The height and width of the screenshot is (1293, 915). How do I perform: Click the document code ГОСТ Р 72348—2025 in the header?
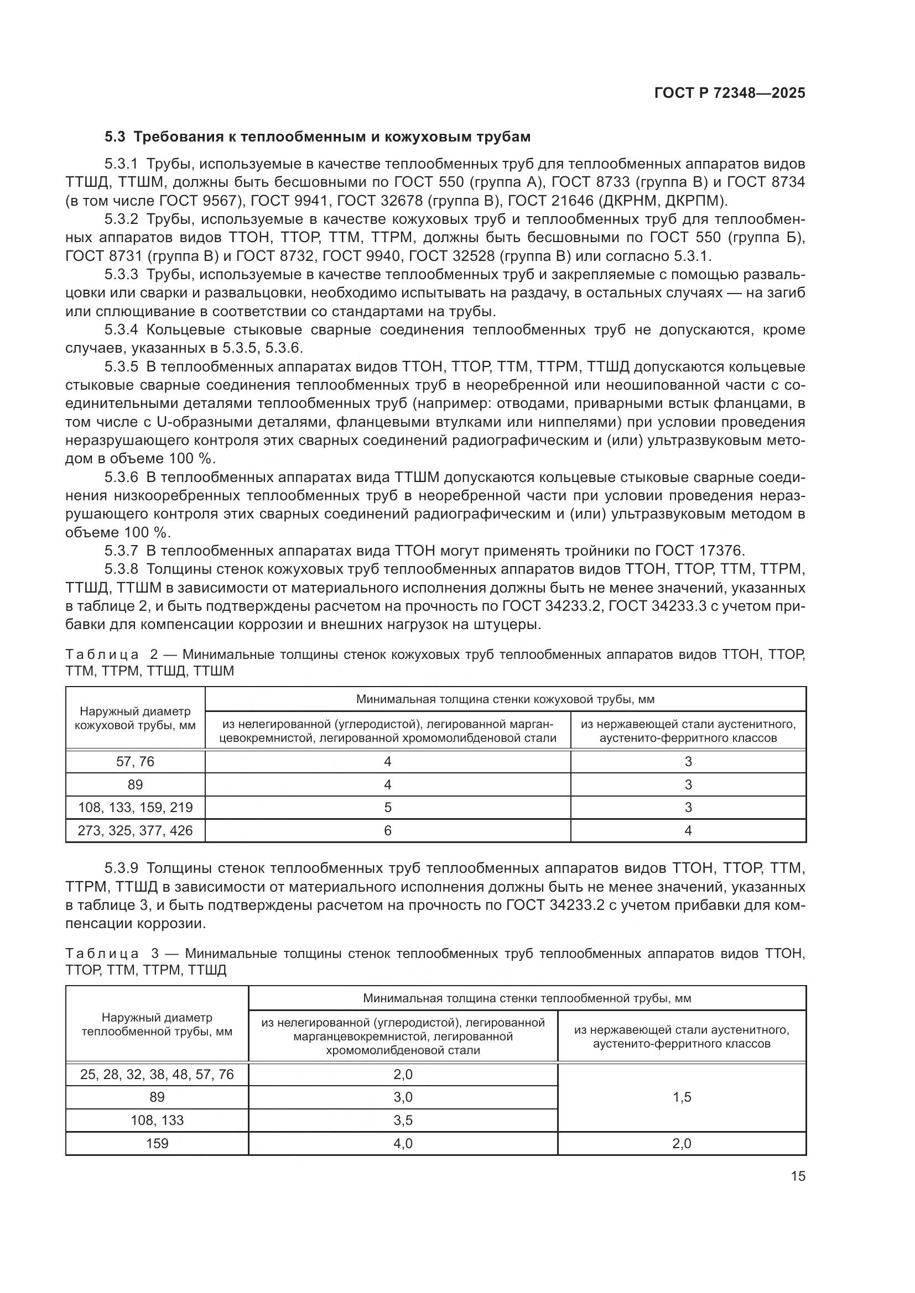(729, 93)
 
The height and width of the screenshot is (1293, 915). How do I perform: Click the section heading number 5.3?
(116, 137)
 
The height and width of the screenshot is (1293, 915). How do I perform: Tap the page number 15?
(798, 1176)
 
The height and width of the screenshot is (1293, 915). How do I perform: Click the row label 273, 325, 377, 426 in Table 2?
(135, 830)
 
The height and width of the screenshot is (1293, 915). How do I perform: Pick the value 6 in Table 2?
(388, 830)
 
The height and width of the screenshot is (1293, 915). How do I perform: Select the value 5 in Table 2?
(388, 807)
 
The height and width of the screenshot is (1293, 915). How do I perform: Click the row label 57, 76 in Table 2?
(135, 761)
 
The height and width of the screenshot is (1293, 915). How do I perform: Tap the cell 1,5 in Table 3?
(682, 1097)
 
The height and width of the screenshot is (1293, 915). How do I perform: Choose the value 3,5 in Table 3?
(403, 1120)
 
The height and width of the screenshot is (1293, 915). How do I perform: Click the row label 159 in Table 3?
(157, 1143)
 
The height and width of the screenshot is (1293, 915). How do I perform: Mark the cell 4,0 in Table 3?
(403, 1143)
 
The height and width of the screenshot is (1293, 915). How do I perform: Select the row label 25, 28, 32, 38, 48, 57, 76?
(157, 1074)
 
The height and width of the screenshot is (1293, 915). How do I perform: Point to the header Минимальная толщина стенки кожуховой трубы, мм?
(505, 699)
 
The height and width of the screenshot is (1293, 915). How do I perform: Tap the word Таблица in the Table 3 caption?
(102, 954)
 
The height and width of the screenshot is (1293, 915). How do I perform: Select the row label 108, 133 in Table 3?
(157, 1120)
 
